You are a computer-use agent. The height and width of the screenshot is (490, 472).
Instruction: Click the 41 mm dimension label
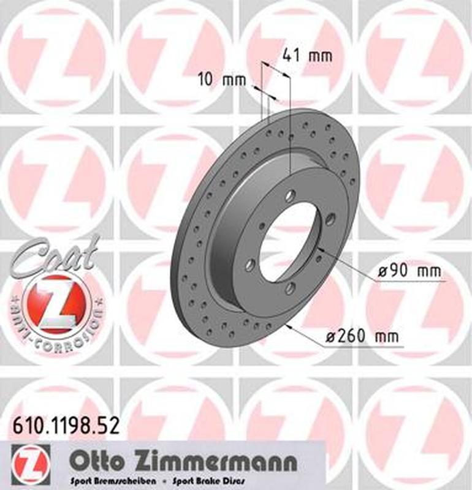pos(306,56)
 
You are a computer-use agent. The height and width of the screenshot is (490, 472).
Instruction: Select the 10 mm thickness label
pos(221,80)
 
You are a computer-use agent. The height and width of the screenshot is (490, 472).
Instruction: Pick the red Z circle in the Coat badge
pos(56,303)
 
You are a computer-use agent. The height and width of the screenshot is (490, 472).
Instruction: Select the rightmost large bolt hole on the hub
pos(330,220)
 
